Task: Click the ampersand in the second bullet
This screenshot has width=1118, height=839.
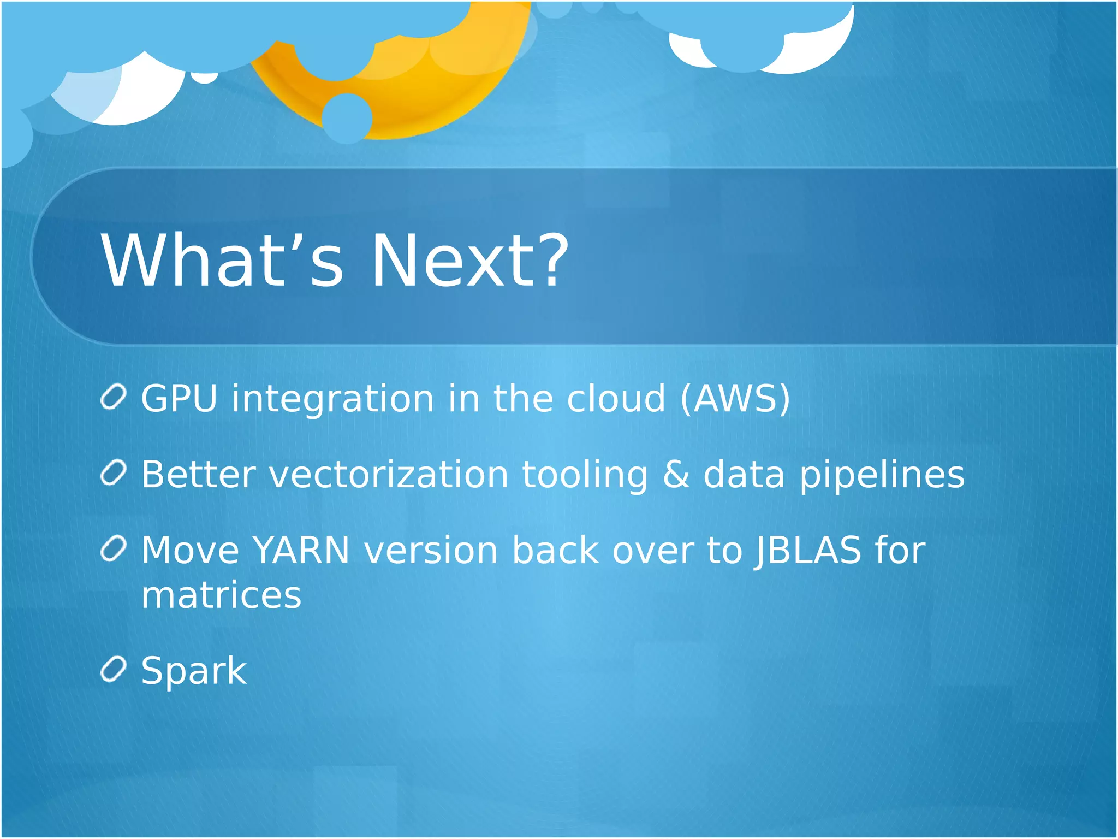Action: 676,474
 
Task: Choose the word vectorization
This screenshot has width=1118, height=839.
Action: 389,474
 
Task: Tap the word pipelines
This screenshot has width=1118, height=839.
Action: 882,475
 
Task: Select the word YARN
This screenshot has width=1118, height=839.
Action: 301,550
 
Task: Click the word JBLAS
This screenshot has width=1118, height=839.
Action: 807,550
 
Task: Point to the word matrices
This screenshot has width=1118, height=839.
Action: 221,595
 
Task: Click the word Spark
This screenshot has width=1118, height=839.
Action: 194,671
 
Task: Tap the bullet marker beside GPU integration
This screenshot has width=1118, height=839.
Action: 114,397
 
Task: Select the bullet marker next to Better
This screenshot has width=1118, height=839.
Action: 114,473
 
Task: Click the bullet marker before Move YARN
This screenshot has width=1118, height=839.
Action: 114,549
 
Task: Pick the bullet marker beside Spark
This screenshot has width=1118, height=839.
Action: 114,670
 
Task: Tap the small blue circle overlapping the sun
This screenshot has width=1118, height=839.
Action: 347,118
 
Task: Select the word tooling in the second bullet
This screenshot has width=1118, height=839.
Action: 585,475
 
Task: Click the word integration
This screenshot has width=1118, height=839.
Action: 333,399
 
